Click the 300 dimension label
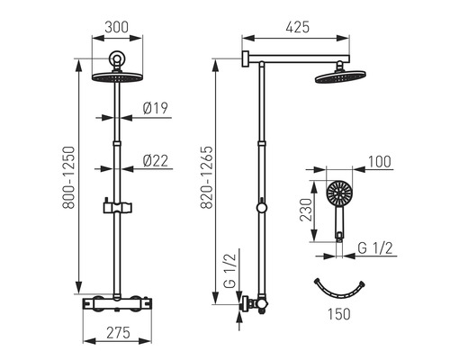[117, 27]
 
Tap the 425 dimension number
[297, 27]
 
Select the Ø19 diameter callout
[156, 108]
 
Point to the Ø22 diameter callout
[156, 160]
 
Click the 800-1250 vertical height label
[68, 177]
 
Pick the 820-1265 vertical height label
[207, 177]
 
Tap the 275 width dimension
[118, 333]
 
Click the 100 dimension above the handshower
[380, 162]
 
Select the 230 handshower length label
[306, 210]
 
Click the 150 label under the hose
[338, 314]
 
